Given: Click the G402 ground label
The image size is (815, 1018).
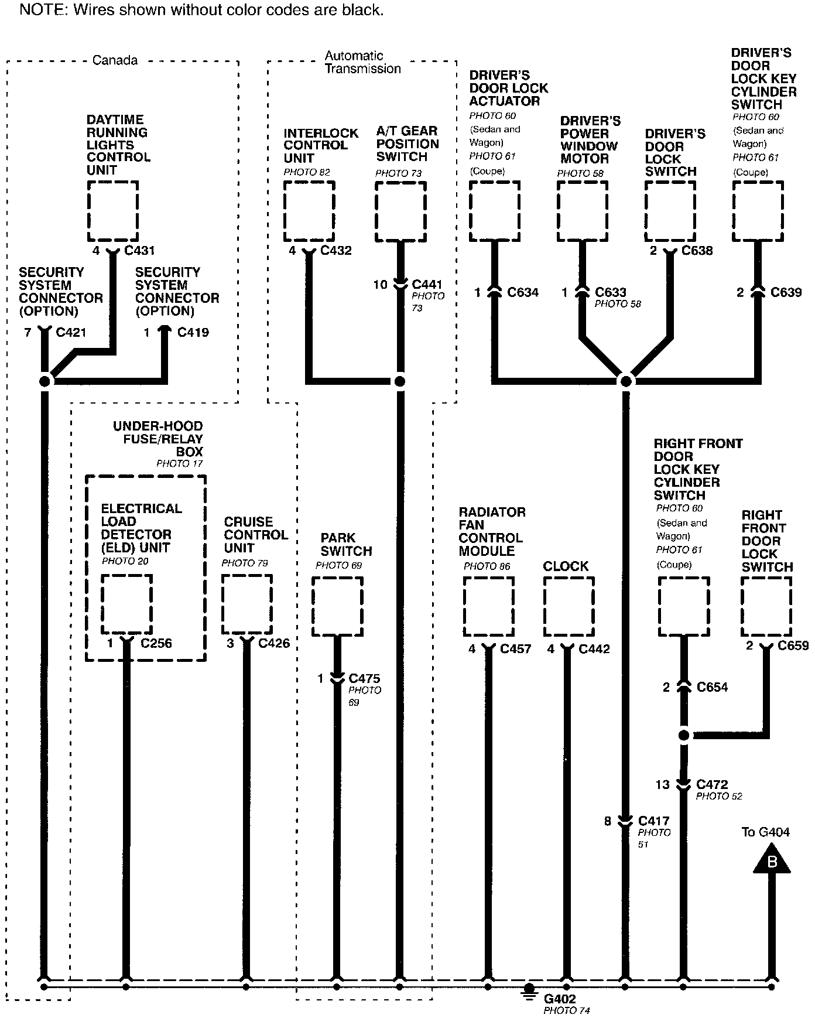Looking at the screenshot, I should pyautogui.click(x=560, y=999).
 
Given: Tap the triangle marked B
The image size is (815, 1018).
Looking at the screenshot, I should pyautogui.click(x=771, y=860).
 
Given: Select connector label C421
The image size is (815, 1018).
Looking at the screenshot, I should pyautogui.click(x=71, y=333).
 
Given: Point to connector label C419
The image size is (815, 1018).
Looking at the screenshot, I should pyautogui.click(x=193, y=333).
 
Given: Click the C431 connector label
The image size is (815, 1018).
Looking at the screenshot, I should pyautogui.click(x=140, y=251).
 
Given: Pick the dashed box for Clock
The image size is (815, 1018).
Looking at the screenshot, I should pyautogui.click(x=569, y=606).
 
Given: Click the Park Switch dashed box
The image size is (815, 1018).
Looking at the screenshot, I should pyautogui.click(x=337, y=606).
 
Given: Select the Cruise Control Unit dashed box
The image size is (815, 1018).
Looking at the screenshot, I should pyautogui.click(x=247, y=604).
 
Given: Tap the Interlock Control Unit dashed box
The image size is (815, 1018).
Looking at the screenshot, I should pyautogui.click(x=309, y=211).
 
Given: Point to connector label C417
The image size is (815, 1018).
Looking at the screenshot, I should pyautogui.click(x=653, y=821).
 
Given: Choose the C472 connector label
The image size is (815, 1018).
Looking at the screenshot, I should pyautogui.click(x=712, y=784).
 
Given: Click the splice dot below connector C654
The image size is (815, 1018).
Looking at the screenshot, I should pyautogui.click(x=683, y=735).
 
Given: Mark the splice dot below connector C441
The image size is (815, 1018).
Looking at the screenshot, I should pyautogui.click(x=400, y=382).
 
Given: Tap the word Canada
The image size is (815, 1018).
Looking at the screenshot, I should pyautogui.click(x=115, y=60).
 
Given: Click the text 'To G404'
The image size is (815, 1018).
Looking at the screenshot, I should pyautogui.click(x=766, y=832).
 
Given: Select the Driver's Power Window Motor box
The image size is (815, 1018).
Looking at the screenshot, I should pyautogui.click(x=582, y=211).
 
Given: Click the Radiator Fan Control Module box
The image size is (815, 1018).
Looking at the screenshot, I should pyautogui.click(x=488, y=606).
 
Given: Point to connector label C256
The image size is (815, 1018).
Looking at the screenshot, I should pyautogui.click(x=156, y=643).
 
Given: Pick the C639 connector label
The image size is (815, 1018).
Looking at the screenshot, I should pyautogui.click(x=786, y=292).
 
